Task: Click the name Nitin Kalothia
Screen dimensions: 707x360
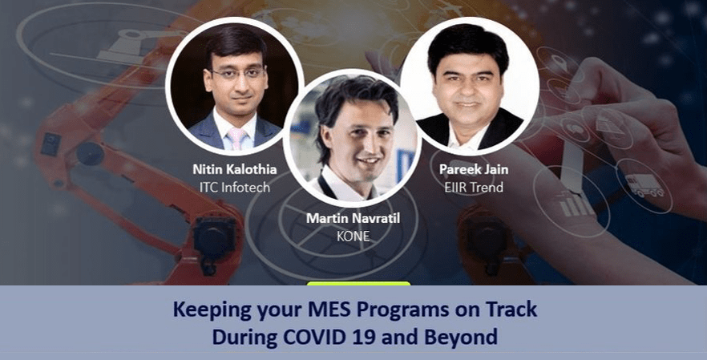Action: (234, 169)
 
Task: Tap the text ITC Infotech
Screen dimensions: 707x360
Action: (234, 188)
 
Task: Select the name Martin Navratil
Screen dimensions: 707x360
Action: (353, 219)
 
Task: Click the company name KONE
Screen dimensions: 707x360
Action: (353, 236)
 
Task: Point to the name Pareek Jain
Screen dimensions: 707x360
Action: (474, 169)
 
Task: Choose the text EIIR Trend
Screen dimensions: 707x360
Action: (474, 188)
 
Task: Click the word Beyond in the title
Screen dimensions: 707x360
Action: (468, 338)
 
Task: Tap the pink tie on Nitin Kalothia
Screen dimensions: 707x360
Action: (237, 138)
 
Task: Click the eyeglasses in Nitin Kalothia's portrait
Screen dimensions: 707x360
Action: (236, 73)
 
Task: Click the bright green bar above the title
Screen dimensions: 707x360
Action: (358, 283)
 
